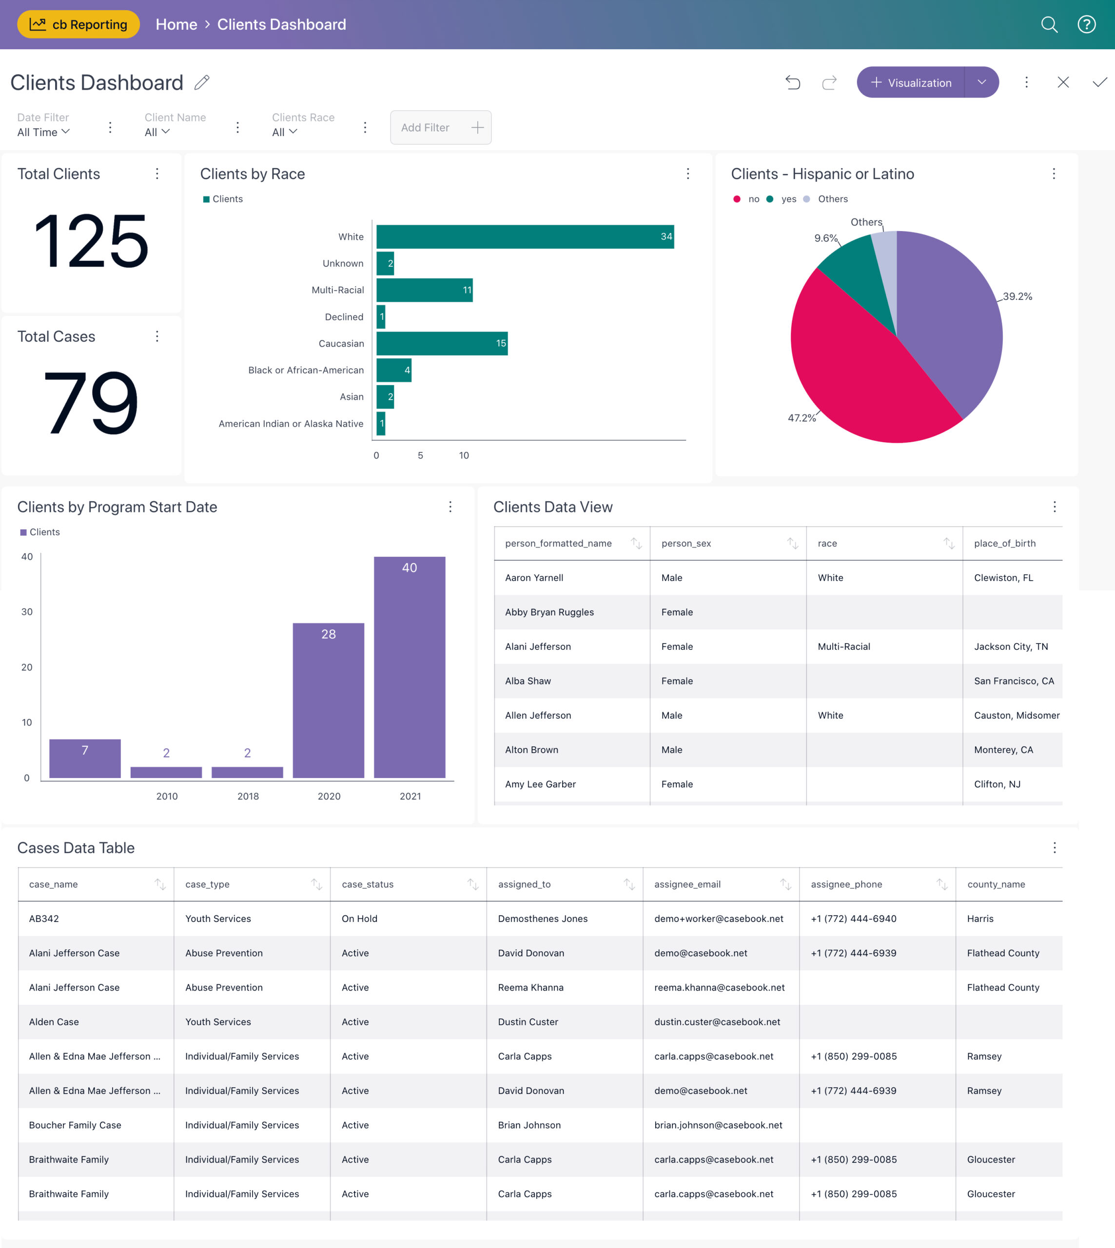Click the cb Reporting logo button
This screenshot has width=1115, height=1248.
click(x=78, y=24)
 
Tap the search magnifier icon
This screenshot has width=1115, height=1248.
click(x=1049, y=24)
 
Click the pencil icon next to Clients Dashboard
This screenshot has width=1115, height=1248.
click(x=202, y=82)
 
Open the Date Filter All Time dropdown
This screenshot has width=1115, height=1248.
click(x=43, y=132)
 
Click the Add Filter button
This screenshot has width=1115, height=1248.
click(x=440, y=127)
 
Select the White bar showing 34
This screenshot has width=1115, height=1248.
click(x=525, y=236)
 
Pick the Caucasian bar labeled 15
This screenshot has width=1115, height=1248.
click(x=441, y=343)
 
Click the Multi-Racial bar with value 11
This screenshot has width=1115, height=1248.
click(x=424, y=290)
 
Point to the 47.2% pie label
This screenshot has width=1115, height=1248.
click(x=802, y=418)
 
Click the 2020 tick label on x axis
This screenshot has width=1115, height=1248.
click(x=329, y=796)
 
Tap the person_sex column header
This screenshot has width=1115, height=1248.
click(x=686, y=544)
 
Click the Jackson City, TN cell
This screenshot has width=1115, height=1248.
click(x=1011, y=646)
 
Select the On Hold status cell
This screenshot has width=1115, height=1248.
click(x=360, y=918)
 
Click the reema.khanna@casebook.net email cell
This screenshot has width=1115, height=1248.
click(x=719, y=987)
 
